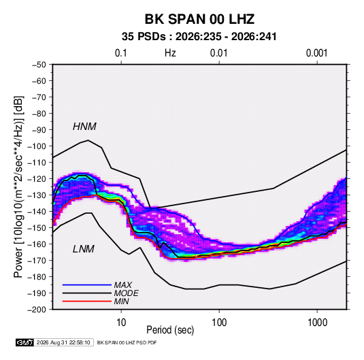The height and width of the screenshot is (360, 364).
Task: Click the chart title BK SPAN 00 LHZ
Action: [199, 19]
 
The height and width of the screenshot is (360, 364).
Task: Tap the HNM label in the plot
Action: [84, 127]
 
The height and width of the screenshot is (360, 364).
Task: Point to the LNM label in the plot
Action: [84, 249]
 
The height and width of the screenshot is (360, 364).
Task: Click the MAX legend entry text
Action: [122, 284]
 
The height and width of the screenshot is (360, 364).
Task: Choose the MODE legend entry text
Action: [126, 293]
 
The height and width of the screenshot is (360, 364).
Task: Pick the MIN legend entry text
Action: [121, 301]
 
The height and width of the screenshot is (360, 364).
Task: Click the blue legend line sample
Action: [87, 284]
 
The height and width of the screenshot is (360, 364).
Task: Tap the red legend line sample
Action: [87, 301]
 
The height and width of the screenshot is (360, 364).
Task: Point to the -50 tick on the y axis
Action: [39, 65]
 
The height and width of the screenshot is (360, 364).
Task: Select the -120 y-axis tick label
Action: [37, 179]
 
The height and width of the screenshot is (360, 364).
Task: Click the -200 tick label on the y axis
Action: [37, 310]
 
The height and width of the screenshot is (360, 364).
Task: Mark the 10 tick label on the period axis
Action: [121, 323]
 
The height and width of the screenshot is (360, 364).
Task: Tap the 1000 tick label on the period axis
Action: [317, 323]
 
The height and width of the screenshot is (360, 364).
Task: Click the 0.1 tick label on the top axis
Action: [121, 53]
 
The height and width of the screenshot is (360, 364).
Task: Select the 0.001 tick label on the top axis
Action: [317, 53]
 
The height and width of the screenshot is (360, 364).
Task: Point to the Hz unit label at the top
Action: [170, 53]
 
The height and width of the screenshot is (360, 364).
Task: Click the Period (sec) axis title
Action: [170, 330]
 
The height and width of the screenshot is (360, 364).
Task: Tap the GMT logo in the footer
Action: [25, 342]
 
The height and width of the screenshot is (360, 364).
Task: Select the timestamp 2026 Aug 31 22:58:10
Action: [63, 342]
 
